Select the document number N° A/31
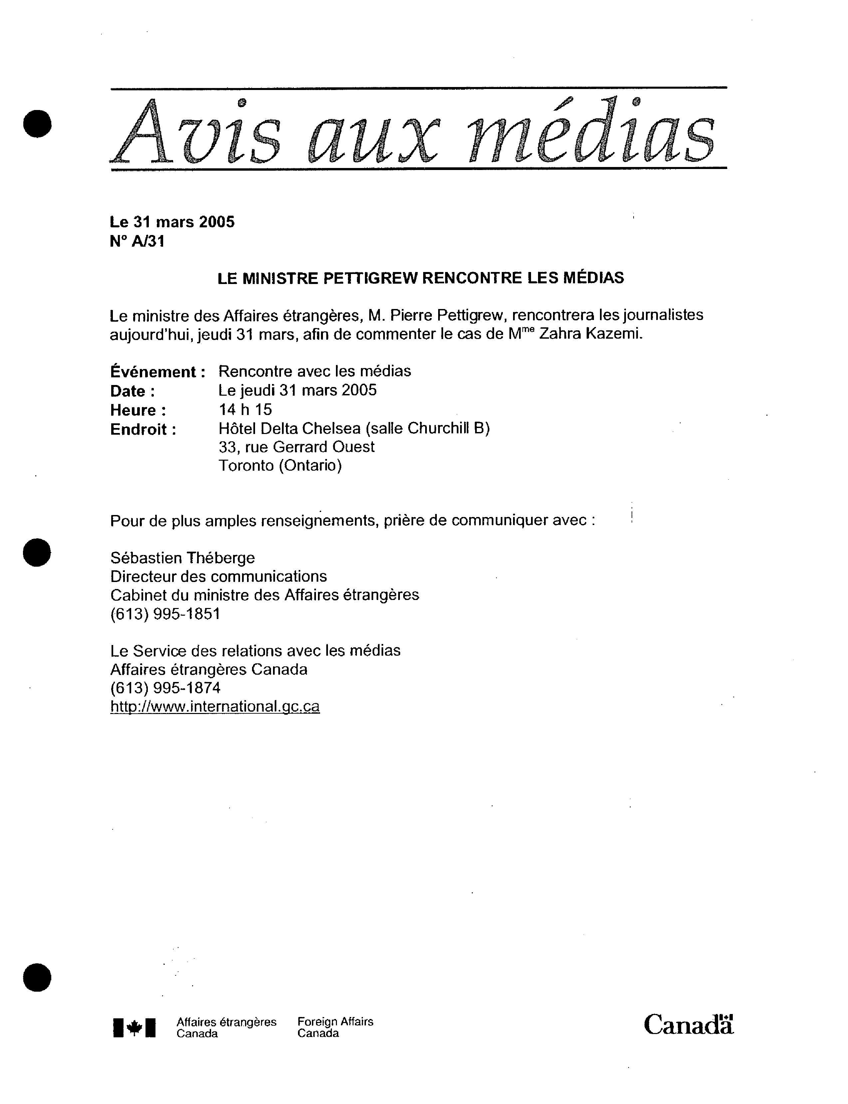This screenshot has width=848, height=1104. click(137, 242)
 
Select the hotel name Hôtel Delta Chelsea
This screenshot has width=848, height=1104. click(289, 428)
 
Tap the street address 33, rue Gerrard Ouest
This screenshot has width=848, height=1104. click(296, 447)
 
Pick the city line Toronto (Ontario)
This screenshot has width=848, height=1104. click(280, 465)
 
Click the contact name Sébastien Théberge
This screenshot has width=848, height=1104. click(182, 558)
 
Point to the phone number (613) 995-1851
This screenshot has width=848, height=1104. click(165, 614)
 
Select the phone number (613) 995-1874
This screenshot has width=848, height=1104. click(165, 688)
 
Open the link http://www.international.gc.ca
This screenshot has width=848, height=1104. click(214, 706)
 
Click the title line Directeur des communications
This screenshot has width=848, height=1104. click(218, 577)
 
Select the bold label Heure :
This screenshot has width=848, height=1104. click(138, 410)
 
